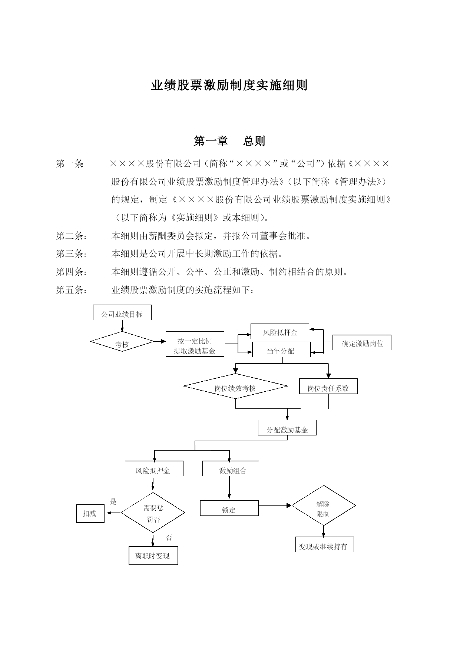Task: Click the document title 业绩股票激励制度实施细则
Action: point(229,85)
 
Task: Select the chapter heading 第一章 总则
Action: point(229,141)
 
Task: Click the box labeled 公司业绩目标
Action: point(122,312)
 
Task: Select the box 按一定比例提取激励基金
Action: point(195,344)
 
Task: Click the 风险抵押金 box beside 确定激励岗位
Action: point(280,331)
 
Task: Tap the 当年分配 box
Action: point(281,349)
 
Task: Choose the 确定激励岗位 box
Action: point(362,342)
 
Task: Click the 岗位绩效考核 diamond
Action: point(235,386)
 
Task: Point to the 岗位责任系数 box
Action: point(328,386)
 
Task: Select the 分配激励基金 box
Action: point(287,428)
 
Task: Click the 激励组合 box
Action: point(231,469)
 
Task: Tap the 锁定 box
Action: point(229,508)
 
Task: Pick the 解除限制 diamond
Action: point(324,505)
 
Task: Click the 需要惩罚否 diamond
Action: point(153,513)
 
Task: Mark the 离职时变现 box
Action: point(153,556)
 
